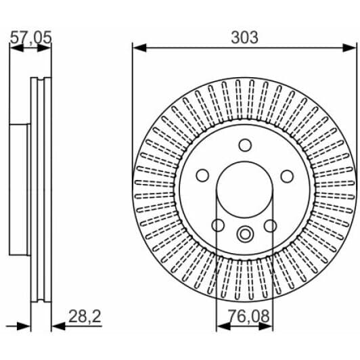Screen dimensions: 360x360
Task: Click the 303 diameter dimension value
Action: pos(244,37)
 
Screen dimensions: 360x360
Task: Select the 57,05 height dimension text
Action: pos(30,38)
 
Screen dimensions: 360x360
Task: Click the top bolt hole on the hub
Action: pos(244,145)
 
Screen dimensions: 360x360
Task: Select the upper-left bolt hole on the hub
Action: pos(202,176)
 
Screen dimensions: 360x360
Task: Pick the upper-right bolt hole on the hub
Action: pos(287,176)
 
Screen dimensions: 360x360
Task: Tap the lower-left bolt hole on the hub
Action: pos(218,225)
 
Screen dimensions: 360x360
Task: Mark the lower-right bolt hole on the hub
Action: pos(271,225)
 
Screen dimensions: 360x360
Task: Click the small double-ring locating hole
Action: pos(244,235)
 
